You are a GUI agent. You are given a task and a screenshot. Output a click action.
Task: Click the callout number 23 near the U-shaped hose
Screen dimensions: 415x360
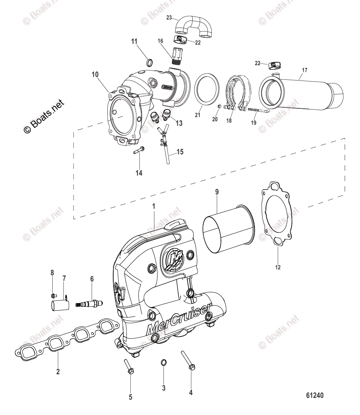169,17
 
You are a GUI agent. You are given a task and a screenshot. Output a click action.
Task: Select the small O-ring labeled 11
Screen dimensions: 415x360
150,63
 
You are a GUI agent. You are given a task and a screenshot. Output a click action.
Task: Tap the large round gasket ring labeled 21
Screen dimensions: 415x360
207,89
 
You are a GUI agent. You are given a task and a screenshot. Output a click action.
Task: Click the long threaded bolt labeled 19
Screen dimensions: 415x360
258,111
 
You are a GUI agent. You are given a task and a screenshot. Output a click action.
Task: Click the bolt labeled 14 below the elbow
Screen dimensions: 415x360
139,151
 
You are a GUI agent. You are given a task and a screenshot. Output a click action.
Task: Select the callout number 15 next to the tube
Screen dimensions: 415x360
180,152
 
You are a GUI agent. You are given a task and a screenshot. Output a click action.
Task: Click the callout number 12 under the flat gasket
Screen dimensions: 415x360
278,267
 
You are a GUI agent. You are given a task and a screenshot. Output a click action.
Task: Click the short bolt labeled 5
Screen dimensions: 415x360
128,367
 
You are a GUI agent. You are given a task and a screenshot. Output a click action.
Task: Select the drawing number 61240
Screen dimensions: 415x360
315,395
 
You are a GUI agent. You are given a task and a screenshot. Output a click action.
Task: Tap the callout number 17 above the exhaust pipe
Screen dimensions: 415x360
304,70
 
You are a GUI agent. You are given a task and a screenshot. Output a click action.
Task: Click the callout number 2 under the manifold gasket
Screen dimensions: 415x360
58,372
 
